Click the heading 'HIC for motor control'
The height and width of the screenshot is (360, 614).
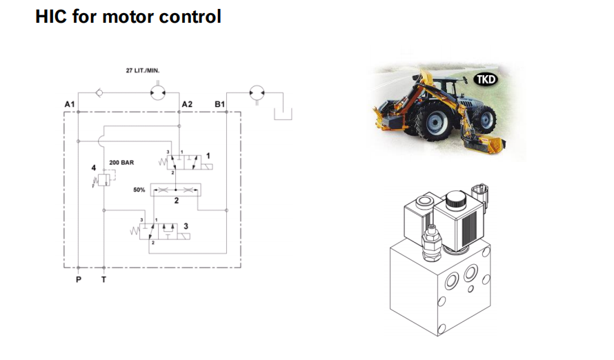click(128, 16)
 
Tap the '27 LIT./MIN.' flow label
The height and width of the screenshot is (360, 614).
click(142, 70)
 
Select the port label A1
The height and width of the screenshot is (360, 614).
click(69, 103)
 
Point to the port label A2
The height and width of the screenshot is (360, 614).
click(186, 103)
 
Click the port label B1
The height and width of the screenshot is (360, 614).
click(219, 103)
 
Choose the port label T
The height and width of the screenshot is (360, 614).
click(103, 280)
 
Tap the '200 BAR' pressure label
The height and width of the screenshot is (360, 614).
click(121, 163)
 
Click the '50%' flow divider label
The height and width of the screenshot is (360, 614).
click(139, 189)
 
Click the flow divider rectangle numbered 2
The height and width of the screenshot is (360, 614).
click(175, 189)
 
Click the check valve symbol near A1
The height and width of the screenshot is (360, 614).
click(101, 91)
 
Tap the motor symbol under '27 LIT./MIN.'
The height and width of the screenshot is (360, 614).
click(157, 91)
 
